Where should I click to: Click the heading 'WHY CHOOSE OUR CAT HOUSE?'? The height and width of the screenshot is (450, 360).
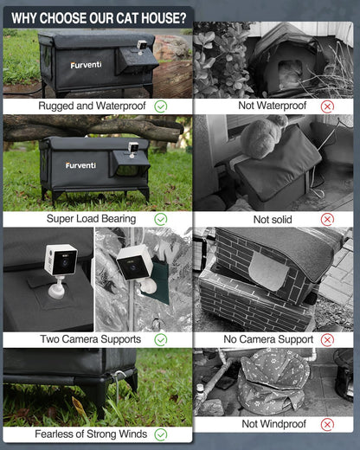99,17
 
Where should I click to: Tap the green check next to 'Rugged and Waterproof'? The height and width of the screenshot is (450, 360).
160,106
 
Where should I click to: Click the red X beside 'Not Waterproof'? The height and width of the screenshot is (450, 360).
327,106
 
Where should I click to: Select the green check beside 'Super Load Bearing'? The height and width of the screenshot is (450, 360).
160,219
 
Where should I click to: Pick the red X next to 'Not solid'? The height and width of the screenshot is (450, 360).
327,219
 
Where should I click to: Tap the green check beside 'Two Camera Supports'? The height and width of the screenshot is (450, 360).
160,339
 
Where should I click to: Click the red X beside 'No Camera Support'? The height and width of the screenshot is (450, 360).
327,339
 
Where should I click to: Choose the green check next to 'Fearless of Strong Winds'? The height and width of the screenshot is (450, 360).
160,434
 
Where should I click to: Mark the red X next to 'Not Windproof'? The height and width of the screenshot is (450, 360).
327,424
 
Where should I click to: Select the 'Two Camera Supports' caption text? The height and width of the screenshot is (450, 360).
89,339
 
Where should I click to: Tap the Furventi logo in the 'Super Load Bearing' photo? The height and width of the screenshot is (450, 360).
80,164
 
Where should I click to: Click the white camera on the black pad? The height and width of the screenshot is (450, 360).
60,264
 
